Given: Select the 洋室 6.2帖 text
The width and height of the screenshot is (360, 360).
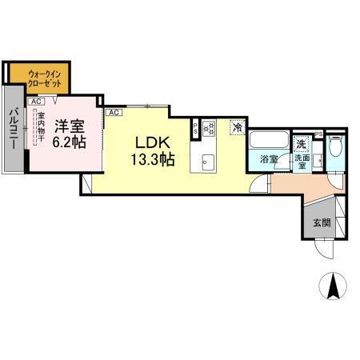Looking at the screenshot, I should [x=70, y=132].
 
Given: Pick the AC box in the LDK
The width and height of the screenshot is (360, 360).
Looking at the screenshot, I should [x=114, y=113].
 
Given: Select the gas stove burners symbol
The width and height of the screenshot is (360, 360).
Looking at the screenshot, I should [x=210, y=126].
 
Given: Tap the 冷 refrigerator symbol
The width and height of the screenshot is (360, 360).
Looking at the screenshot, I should [x=237, y=126].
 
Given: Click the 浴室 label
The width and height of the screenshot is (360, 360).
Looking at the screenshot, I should [x=268, y=160].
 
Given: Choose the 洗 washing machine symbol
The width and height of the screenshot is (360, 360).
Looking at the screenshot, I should [x=301, y=144].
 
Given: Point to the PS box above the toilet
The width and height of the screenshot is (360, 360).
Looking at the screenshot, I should [x=318, y=134].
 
